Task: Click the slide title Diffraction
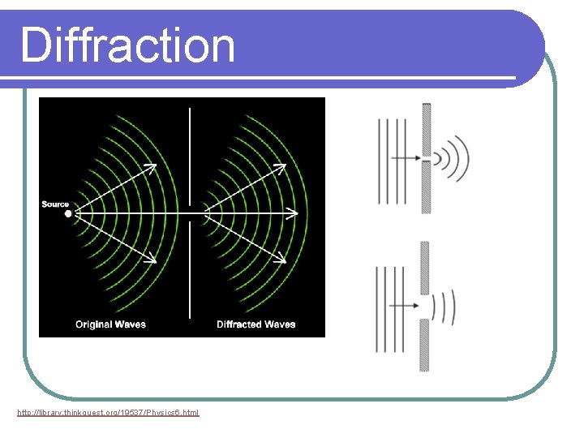click(127, 45)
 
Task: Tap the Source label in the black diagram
click(55, 204)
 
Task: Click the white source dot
click(68, 214)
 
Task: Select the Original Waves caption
click(110, 324)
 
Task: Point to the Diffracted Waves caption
click(255, 324)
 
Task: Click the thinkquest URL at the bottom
click(108, 413)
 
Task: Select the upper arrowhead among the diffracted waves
click(281, 168)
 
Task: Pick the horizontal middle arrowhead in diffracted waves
click(293, 214)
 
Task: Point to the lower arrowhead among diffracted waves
click(281, 259)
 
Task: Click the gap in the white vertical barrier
click(190, 214)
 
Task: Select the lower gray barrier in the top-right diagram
click(427, 187)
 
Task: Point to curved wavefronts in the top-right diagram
click(454, 157)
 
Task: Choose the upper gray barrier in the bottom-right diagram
click(424, 268)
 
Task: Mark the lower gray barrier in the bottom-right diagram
click(424, 345)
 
